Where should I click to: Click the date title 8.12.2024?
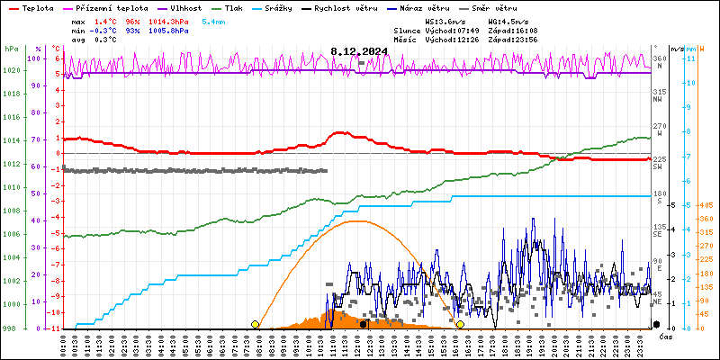pyautogui.click(x=359, y=51)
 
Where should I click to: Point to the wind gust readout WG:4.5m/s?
pyautogui.click(x=506, y=20)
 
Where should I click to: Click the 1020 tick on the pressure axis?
pyautogui.click(x=11, y=70)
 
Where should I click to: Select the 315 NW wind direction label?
pyautogui.click(x=659, y=93)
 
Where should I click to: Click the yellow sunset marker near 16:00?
pyautogui.click(x=460, y=324)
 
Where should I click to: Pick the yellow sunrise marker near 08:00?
pyautogui.click(x=256, y=324)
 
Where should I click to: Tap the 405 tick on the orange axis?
pyautogui.click(x=706, y=205)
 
